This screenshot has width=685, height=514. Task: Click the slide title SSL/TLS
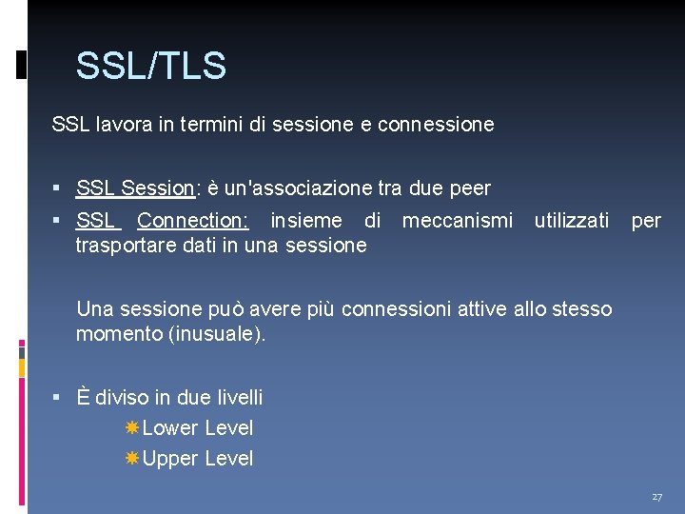[x=150, y=67]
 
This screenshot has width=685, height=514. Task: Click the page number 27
[x=657, y=497]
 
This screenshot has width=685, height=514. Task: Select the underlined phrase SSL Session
[x=135, y=188]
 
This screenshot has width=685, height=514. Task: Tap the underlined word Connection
[x=192, y=221]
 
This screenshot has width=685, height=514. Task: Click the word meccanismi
[x=458, y=221]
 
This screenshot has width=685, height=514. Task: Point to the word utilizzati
[x=572, y=221]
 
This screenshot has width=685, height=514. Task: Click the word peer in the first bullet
[x=469, y=188]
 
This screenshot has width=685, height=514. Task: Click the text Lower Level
[x=198, y=428]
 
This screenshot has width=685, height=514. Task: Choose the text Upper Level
[x=198, y=459]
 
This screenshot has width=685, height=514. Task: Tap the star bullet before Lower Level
[x=132, y=428]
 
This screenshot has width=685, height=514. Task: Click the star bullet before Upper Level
[x=132, y=459]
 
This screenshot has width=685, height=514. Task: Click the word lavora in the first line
[x=122, y=124]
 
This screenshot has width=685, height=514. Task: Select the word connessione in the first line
[x=436, y=124]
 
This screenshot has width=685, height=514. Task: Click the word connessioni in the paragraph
[x=392, y=308]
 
